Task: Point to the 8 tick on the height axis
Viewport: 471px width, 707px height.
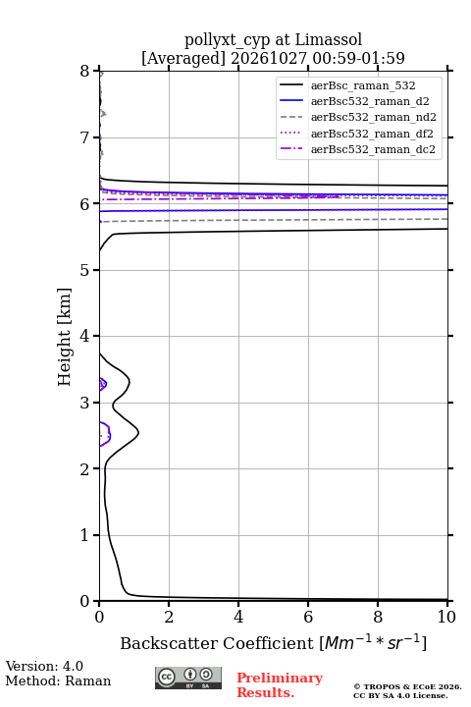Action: point(85,71)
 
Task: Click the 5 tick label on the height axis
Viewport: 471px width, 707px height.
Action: point(85,270)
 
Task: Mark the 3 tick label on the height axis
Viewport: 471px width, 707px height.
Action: point(85,403)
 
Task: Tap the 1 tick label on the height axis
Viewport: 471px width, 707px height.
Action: point(85,535)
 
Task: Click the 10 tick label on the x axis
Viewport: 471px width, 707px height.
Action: point(446,617)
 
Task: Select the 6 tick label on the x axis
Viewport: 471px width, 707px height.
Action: point(308,617)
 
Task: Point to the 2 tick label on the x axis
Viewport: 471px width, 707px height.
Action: point(169,617)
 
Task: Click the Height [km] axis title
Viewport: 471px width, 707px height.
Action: point(65,337)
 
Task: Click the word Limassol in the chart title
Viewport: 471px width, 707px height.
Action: point(328,40)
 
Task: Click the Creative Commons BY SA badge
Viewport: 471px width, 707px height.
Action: point(188,679)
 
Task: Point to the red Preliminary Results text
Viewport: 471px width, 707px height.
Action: point(280,685)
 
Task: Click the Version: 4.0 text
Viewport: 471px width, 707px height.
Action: point(44,666)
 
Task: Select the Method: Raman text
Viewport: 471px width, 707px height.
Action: point(58,680)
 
